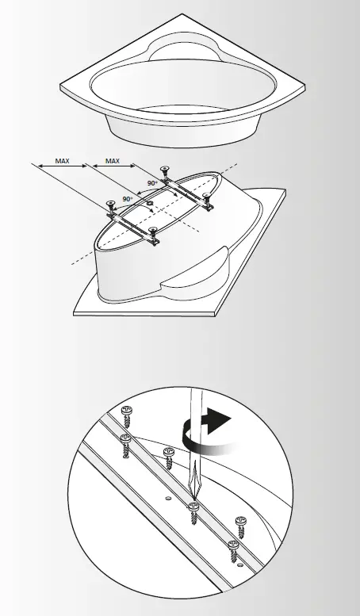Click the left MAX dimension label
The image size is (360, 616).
coord(62,160)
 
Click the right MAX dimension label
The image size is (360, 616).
coord(113,160)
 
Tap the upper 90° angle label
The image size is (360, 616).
coord(152,183)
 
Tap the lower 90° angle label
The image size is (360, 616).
coord(126,199)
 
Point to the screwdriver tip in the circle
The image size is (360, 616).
coord(193,498)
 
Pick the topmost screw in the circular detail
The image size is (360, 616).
coord(126,413)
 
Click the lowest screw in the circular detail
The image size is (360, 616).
coord(233,548)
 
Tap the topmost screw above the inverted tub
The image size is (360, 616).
coord(165,170)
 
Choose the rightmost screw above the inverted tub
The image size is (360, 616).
coord(209,197)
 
